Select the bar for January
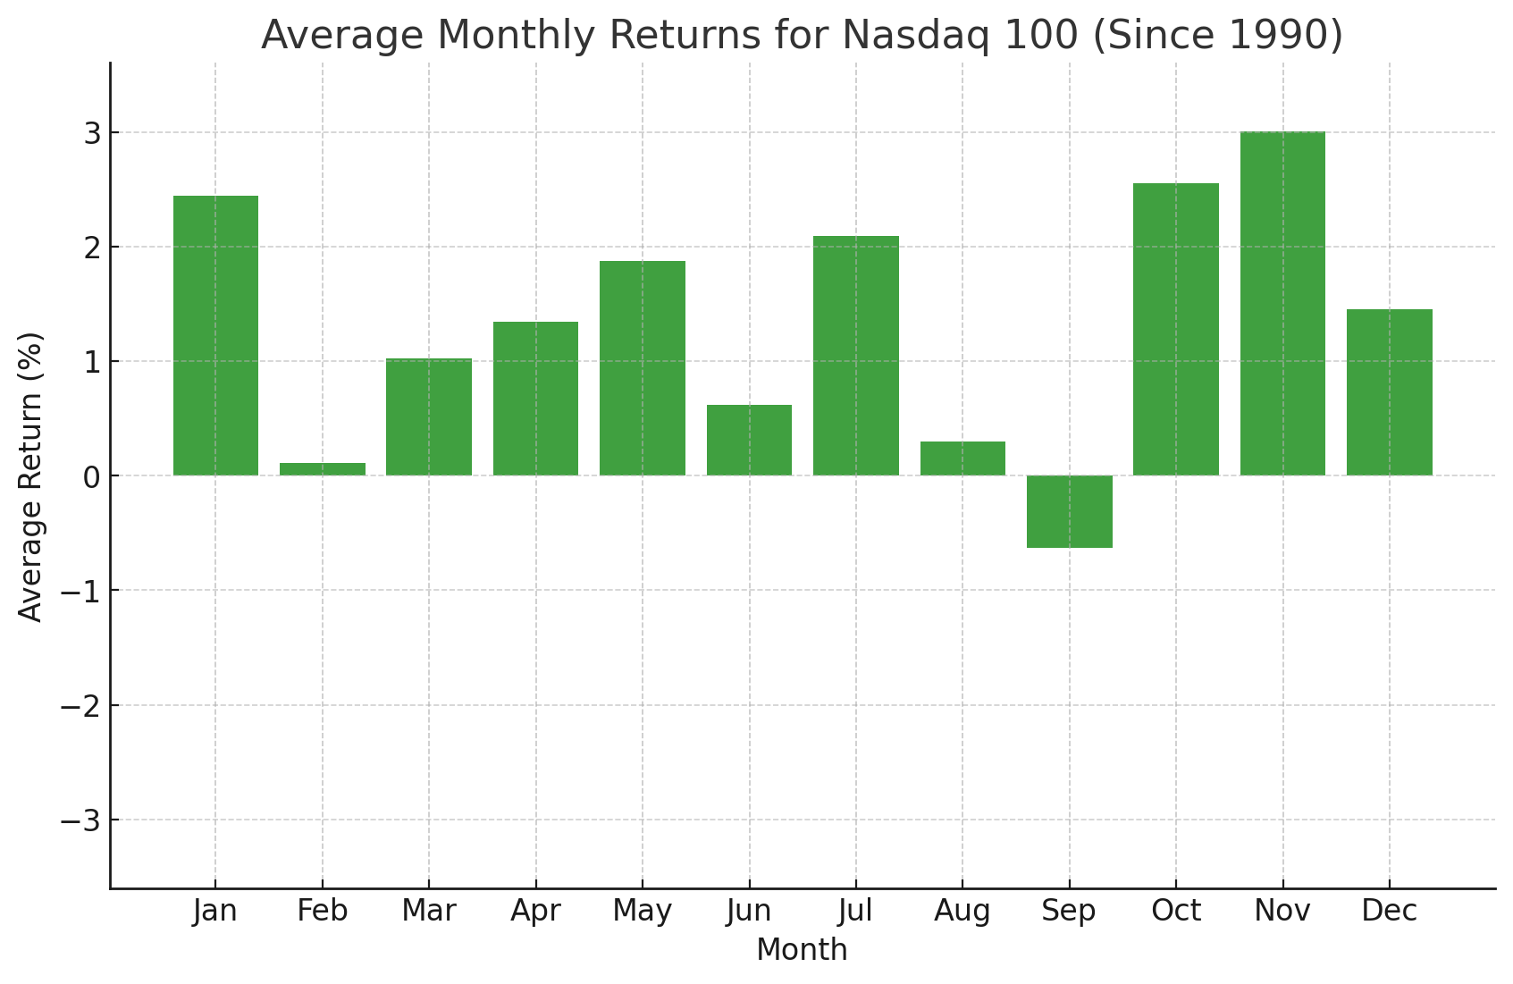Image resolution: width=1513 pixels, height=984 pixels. pos(215,335)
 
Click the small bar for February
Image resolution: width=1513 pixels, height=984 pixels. pos(323,469)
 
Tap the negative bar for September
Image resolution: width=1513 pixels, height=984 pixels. pos(1069,511)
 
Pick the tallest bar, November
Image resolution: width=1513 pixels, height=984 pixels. pos(1282,304)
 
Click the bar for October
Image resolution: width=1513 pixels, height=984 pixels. pos(1176,329)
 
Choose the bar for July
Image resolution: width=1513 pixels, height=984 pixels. pos(856,356)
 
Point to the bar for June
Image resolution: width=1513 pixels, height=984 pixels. pos(749,440)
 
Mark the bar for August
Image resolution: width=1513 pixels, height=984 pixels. pos(962,458)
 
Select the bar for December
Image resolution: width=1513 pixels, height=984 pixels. pos(1389,392)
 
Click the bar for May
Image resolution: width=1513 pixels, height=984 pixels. pos(643,368)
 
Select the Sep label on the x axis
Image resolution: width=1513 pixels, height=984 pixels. pos(1069,912)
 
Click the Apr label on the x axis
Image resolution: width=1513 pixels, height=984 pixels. pos(535,912)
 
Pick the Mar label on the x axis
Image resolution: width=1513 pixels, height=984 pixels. pos(429,912)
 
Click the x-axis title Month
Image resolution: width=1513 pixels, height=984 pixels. pos(802,950)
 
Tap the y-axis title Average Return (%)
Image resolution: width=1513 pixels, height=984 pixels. pos(31,476)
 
